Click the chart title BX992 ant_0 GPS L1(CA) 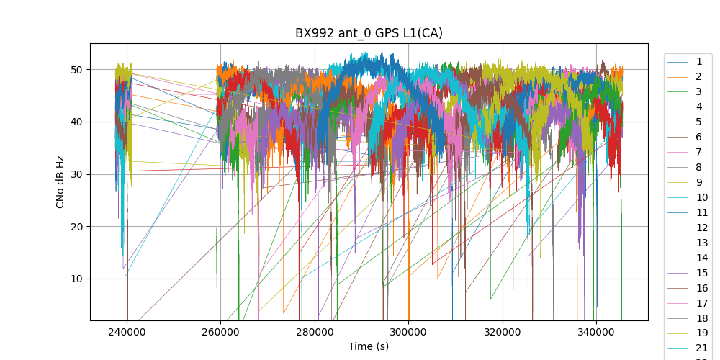point(369,33)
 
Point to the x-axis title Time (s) point(369,346)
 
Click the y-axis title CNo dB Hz point(60,182)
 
